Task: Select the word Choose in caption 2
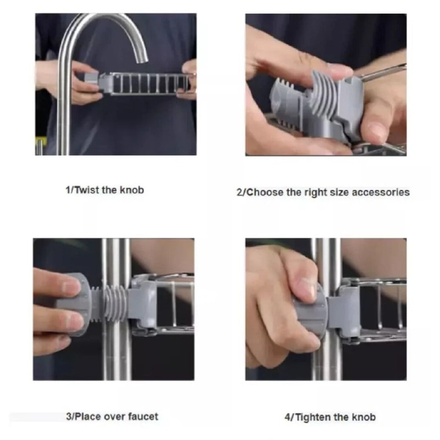click(265, 193)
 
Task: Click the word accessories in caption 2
click(381, 193)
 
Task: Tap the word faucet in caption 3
click(143, 416)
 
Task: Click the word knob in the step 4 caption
click(364, 417)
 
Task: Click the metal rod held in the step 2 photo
click(383, 73)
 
